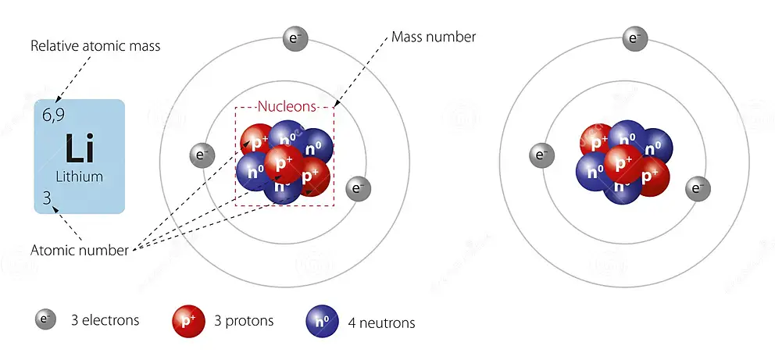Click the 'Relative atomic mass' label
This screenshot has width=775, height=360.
tap(95, 46)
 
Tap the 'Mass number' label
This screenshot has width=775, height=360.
tap(434, 37)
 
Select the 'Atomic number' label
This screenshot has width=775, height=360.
tap(80, 251)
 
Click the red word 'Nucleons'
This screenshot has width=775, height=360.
tap(287, 106)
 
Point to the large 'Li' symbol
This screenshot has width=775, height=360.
tap(80, 148)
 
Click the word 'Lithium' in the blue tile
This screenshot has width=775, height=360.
tap(80, 176)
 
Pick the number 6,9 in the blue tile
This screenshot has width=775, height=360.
tap(53, 116)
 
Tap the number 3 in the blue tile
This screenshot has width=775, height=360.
tap(47, 199)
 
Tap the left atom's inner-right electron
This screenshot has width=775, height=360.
tap(358, 188)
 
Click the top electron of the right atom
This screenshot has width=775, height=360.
tap(634, 38)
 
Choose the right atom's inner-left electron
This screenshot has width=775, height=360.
tap(540, 155)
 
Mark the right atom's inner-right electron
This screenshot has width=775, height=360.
tap(697, 188)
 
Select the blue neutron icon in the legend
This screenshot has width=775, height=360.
tap(321, 320)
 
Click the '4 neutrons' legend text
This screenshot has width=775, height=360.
tap(382, 323)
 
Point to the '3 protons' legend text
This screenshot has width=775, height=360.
tap(244, 321)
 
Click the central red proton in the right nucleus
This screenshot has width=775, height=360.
tap(623, 164)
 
